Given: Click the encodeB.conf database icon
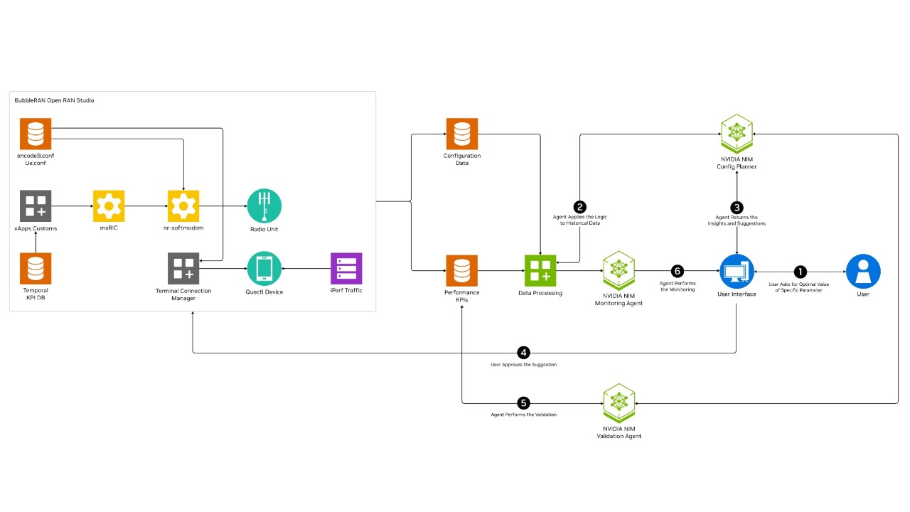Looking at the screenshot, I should pos(36,134).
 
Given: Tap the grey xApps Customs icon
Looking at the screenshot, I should pos(36,206).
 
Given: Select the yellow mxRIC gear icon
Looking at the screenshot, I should pos(109,206).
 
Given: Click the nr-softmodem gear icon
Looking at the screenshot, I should pos(183,206).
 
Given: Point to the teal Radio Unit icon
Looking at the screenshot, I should pos(264,206).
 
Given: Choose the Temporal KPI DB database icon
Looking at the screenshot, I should pos(36,269).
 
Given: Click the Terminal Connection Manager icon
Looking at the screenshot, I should pos(183,269).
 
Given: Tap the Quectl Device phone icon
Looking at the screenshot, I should pos(264,269).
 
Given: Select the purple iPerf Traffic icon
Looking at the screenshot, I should pos(346,269).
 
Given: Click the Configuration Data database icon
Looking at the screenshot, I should pos(462,134).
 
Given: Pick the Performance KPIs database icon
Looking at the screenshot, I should pos(462,271).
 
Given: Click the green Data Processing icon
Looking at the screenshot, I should pos(540,271).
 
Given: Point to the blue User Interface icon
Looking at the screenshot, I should pos(737,271).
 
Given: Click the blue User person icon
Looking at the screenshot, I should pos(863,271).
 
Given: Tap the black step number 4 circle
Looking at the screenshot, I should pos(524,353).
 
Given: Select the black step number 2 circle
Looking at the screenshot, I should pos(580,207).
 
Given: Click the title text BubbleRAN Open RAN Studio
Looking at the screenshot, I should pos(55,101).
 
